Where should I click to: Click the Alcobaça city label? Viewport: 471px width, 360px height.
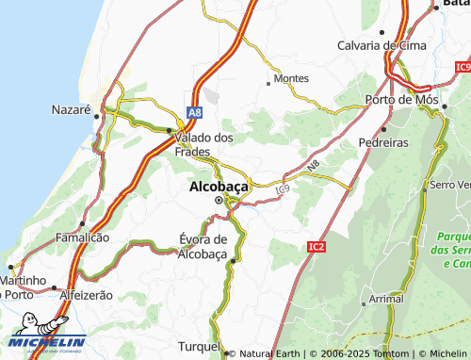[x=219, y=187]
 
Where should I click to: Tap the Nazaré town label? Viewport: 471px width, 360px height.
[x=71, y=110]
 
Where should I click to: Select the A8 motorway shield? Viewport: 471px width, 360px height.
[x=193, y=112]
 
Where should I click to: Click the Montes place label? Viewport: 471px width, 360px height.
[x=290, y=79]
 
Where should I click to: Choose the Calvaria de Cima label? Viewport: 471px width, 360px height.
[x=377, y=45]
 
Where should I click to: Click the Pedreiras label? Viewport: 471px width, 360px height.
[x=383, y=142]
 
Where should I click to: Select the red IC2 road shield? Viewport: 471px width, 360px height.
[x=316, y=246]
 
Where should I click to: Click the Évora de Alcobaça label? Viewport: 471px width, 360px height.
[x=203, y=246]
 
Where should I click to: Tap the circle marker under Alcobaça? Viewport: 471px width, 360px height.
[x=219, y=201]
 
